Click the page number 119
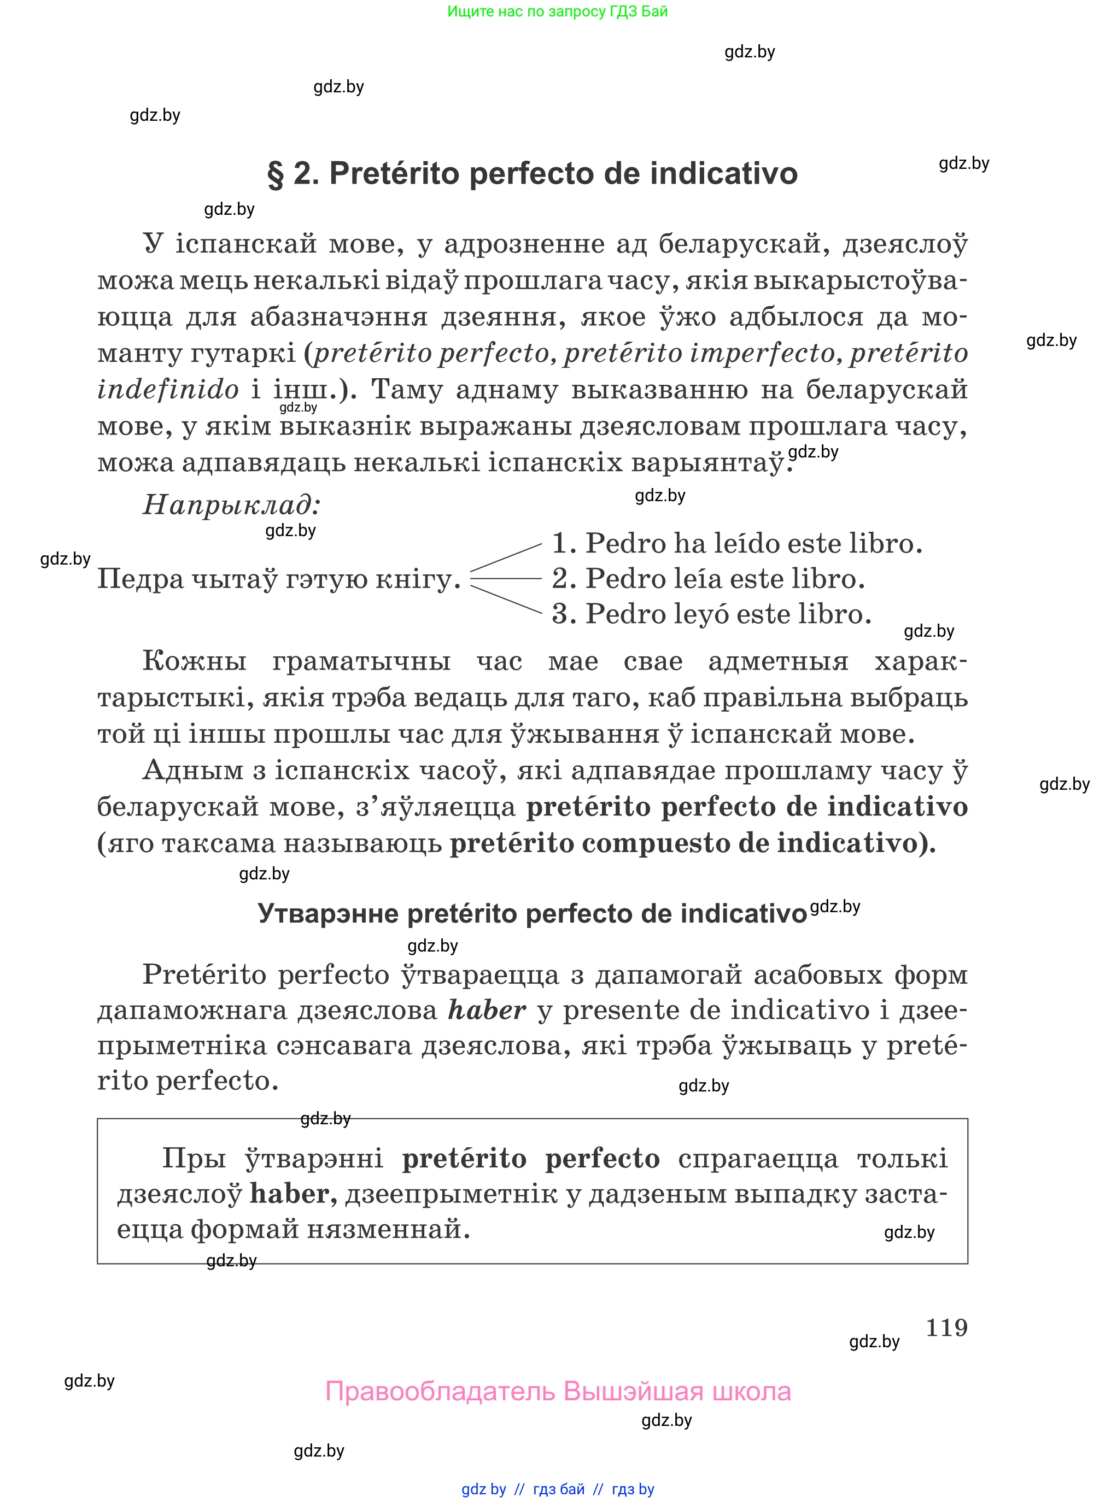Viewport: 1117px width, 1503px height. tap(946, 1328)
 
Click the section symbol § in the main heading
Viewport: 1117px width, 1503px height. tap(276, 174)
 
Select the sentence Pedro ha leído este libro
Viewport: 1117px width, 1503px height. tap(737, 543)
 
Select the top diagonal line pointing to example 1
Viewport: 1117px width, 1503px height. tap(506, 557)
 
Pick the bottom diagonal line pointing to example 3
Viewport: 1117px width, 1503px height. tap(506, 600)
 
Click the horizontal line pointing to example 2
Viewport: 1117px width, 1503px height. tap(506, 578)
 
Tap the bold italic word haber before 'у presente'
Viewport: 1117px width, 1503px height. tap(486, 1011)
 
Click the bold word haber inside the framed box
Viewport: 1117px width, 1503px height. tap(293, 1194)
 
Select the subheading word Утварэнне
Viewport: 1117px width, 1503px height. tap(329, 914)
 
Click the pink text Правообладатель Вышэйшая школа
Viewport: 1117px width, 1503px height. tap(558, 1392)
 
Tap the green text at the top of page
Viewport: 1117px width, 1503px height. tap(557, 11)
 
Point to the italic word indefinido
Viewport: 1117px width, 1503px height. tap(168, 390)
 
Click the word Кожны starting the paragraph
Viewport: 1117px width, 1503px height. tap(194, 661)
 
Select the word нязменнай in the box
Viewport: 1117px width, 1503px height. tap(388, 1229)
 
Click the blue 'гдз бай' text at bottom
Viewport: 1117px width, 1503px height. tap(559, 1489)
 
